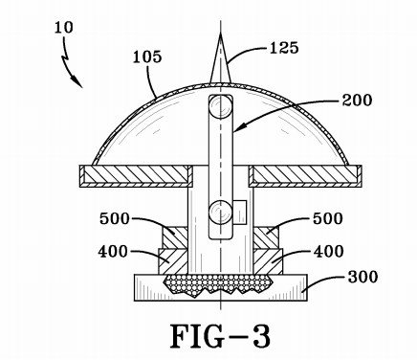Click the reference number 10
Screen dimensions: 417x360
[64, 28]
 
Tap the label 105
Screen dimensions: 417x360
[147, 57]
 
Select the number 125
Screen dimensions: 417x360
[284, 48]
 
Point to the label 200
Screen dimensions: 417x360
[357, 101]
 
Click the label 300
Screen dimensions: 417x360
[362, 277]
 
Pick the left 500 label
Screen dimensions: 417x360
[115, 219]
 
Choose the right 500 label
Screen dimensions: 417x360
[328, 219]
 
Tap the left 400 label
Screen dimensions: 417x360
[113, 252]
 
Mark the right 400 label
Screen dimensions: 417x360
[329, 252]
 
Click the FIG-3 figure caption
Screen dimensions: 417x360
[220, 336]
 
